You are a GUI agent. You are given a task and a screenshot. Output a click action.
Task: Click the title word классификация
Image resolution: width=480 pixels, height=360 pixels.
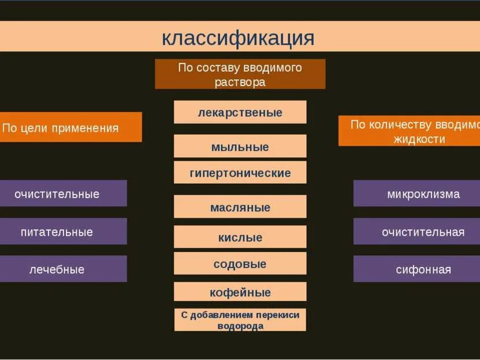click(238, 38)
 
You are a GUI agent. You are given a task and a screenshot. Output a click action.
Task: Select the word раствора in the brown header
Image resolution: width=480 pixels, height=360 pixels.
click(240, 82)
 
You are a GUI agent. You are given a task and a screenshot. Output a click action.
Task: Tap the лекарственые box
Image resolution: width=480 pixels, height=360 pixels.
click(240, 112)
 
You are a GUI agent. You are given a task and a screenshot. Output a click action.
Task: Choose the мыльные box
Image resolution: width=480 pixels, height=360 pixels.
click(240, 147)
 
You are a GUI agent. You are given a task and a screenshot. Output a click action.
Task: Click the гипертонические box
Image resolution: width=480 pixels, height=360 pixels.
click(240, 173)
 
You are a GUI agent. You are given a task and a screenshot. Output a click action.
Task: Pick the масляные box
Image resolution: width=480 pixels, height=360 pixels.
click(240, 207)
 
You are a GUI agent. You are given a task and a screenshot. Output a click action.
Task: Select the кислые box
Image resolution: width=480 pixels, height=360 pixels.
click(240, 237)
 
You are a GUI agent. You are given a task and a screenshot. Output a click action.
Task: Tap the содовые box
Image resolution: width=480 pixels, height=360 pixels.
click(240, 264)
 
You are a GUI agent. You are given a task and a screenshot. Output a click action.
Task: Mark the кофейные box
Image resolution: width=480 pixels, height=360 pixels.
click(240, 292)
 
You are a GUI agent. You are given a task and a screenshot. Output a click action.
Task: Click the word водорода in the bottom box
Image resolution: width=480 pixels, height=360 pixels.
click(240, 326)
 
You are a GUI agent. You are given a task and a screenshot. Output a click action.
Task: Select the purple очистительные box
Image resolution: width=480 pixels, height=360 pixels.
click(58, 194)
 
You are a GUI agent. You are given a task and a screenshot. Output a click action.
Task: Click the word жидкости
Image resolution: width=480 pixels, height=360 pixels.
click(419, 139)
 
